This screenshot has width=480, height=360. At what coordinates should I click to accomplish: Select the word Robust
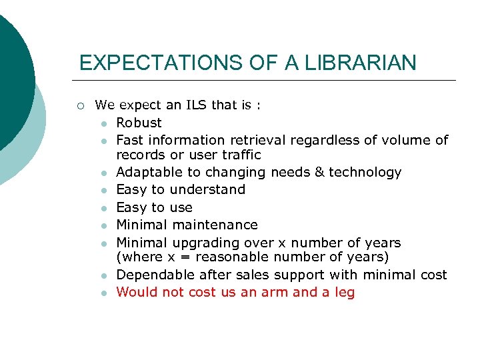pyautogui.click(x=139, y=123)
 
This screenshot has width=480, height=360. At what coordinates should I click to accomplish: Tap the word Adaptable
pyautogui.click(x=147, y=172)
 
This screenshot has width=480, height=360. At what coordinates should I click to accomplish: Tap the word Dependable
pyautogui.click(x=151, y=275)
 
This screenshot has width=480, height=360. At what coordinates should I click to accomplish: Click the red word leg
pyautogui.click(x=345, y=293)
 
